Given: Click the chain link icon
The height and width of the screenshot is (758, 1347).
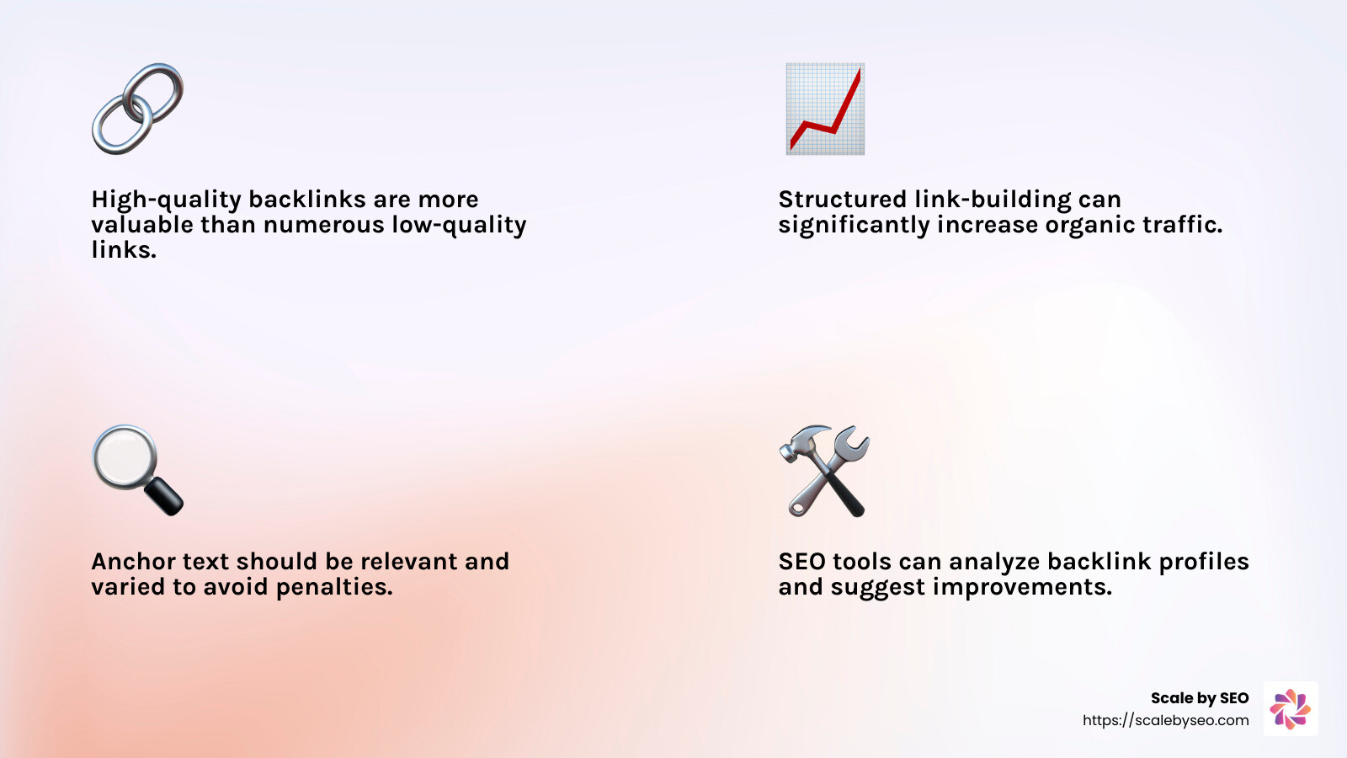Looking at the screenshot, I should coord(137,109).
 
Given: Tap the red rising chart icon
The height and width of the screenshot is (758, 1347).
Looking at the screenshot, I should coord(825,109).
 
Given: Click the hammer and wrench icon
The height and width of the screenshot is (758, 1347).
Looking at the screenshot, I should coord(825,471).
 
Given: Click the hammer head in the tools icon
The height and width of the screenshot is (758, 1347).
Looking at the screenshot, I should coord(800,442).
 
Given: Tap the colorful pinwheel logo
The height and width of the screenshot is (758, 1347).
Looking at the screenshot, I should coord(1291,709).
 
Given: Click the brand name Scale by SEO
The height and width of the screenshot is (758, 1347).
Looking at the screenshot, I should coord(1200,698).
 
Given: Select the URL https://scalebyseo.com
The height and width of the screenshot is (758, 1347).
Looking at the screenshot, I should coord(1166,720).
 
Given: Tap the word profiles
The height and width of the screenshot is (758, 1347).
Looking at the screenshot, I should coord(1204,562).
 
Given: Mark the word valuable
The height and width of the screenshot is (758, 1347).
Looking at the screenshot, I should coord(142,225).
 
